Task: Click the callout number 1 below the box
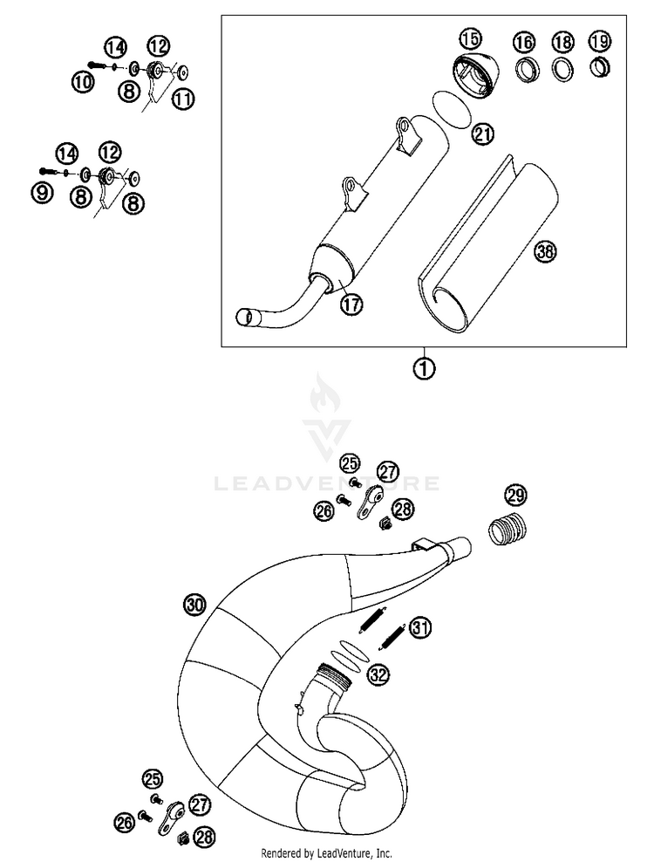click(424, 368)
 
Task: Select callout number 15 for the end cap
click(470, 39)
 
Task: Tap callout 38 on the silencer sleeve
click(544, 252)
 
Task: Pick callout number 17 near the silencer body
click(352, 304)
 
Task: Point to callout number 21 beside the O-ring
click(482, 134)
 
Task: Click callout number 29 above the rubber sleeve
click(515, 497)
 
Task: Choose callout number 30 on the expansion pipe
click(194, 604)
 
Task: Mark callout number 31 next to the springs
click(421, 627)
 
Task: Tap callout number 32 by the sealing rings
click(378, 674)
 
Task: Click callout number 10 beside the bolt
click(83, 83)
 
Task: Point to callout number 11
click(182, 99)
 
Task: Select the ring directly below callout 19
click(598, 67)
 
